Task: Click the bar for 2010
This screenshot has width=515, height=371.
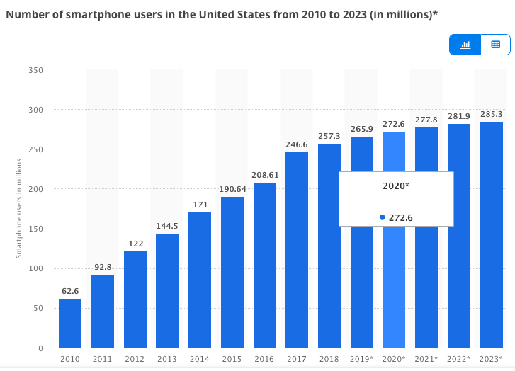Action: click(69, 323)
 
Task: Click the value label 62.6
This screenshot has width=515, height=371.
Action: click(69, 290)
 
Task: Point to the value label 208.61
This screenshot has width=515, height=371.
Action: click(264, 174)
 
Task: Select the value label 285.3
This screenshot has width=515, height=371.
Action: click(491, 113)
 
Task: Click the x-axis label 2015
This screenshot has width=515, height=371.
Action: click(232, 359)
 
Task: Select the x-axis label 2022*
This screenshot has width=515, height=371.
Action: click(458, 359)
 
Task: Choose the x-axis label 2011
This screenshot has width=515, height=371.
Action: click(102, 359)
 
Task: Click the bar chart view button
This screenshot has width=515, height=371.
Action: click(465, 45)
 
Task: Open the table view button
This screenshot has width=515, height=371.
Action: click(495, 45)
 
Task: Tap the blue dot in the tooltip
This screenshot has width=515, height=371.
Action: click(383, 217)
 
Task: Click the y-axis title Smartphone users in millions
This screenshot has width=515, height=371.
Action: click(20, 209)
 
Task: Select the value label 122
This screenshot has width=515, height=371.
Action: click(135, 243)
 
